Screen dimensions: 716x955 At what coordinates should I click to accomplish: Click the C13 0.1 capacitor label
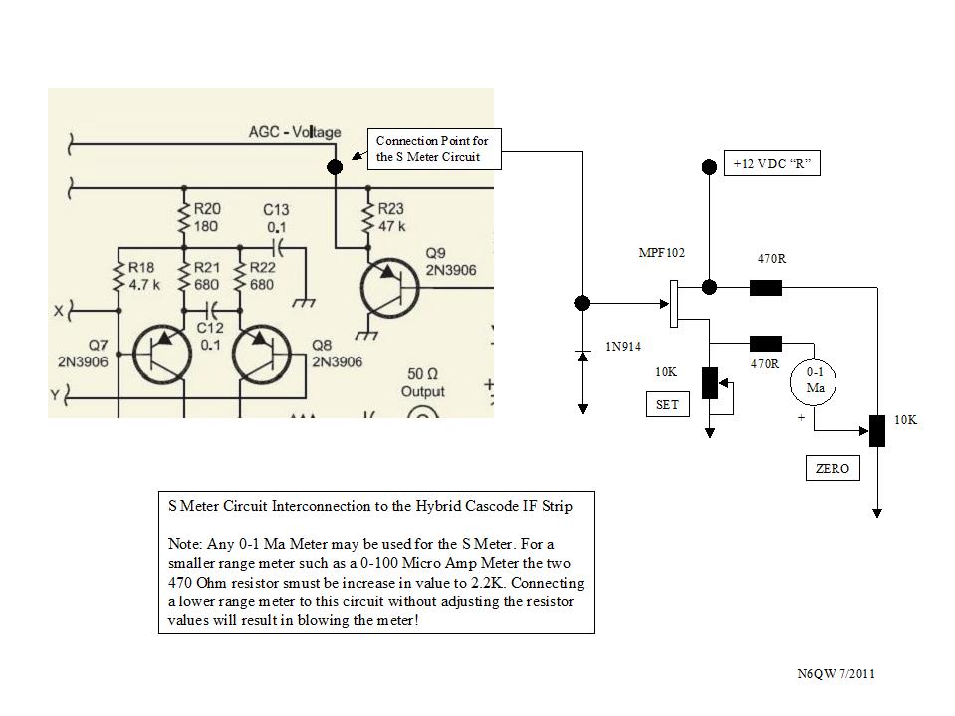coord(276,217)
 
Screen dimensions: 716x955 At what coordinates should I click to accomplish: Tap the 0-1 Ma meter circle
coord(815,380)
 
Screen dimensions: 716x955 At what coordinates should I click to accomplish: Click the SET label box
coord(666,405)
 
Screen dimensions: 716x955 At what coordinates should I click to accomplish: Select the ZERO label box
coord(832,468)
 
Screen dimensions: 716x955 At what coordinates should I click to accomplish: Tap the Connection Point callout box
coord(433,150)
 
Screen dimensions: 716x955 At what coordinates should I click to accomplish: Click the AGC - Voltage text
coord(294,132)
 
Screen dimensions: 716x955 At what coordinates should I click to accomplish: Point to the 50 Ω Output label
coord(422,382)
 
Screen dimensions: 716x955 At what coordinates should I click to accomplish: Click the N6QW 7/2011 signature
coord(836,675)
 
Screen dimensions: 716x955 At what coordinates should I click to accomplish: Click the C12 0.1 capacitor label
coord(209,337)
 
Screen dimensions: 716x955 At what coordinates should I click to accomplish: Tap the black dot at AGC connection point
coord(335,167)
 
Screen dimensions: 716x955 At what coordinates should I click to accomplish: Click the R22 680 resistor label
coord(261,275)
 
